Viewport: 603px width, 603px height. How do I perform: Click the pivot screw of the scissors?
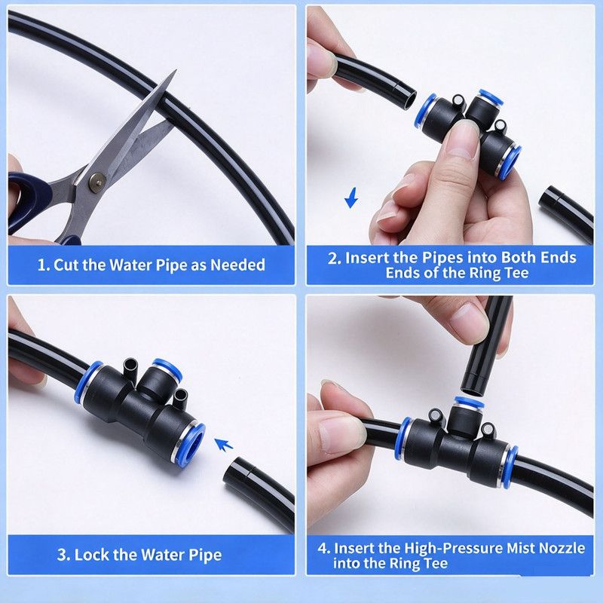coord(98,182)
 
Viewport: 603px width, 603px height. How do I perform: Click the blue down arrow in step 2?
coord(351,197)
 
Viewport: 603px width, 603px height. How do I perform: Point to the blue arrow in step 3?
coord(223,445)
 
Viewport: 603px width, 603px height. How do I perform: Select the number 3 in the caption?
coord(63,555)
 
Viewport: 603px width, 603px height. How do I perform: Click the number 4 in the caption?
coord(323,548)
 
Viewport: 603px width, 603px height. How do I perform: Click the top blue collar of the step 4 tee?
coord(468,403)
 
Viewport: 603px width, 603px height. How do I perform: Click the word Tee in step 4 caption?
coord(436,563)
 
